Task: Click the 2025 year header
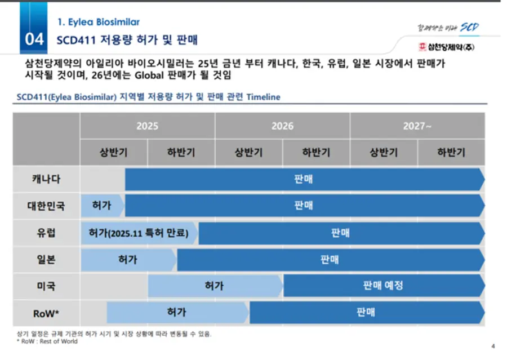point(148,126)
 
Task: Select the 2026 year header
point(282,126)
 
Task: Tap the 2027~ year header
point(417,126)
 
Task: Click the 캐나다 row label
point(46,179)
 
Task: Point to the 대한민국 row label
point(46,206)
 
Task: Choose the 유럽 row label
point(46,233)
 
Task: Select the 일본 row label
point(46,259)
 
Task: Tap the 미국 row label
point(46,286)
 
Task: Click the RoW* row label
point(46,313)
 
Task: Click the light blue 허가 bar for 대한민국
point(103,206)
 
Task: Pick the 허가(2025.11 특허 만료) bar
point(139,233)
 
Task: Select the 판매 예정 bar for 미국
point(384,286)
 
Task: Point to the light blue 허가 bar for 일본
point(128,260)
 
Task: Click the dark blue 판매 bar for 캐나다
point(305,179)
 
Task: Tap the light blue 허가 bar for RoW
point(177,313)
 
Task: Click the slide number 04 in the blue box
point(34,39)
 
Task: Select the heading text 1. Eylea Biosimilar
point(99,22)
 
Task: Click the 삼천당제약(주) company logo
point(446,47)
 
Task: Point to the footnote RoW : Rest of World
point(47,341)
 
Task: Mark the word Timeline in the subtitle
point(263,97)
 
